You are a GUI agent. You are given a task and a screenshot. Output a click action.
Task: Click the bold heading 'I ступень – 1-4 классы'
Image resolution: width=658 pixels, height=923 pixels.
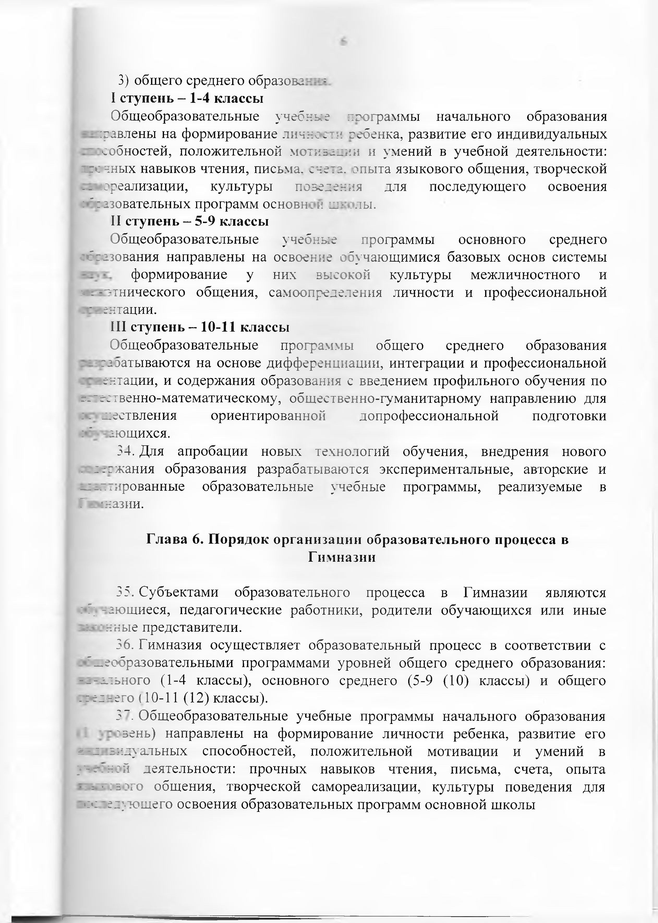[x=187, y=98]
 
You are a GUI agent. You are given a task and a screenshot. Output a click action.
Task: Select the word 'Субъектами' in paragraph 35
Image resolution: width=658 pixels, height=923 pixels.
[x=178, y=593]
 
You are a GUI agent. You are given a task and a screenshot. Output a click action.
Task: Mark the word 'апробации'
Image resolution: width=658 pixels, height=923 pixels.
[x=213, y=451]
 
